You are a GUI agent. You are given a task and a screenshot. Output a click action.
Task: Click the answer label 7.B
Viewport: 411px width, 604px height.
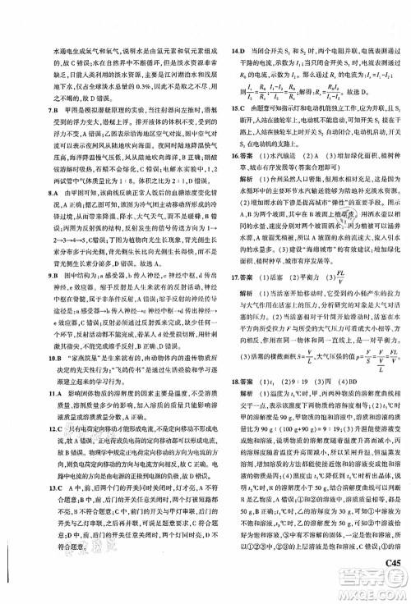pyautogui.click(x=48, y=110)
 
